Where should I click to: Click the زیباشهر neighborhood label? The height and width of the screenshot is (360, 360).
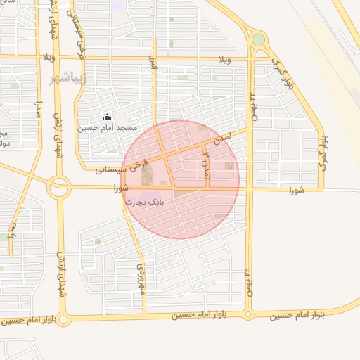coord(68,77)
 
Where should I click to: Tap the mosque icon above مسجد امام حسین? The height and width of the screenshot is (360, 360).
coord(107,117)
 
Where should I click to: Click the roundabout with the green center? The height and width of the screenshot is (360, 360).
coord(258,40)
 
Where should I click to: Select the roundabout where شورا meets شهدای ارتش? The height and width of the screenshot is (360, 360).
coord(59,188)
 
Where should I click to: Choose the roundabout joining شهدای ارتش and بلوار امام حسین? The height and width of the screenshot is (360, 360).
coord(64,320)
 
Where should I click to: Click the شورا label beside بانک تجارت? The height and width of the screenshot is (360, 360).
coord(120,188)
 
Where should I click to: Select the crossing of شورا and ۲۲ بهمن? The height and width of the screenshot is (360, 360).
coord(248,188)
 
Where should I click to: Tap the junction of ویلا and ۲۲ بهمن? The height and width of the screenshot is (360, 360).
coord(251,58)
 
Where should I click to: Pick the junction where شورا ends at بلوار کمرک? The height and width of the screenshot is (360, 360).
coord(323,189)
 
